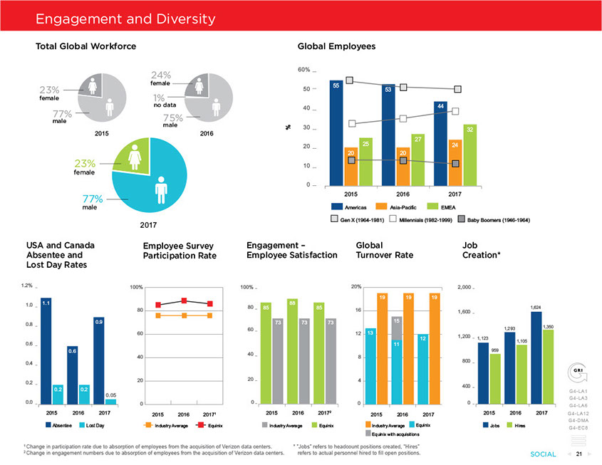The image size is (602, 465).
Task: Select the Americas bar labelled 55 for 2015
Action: click(338, 132)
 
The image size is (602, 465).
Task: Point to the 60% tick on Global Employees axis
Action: click(303, 70)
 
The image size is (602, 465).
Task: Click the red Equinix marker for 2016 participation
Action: click(185, 301)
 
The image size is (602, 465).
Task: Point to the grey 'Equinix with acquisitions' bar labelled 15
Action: click(397, 360)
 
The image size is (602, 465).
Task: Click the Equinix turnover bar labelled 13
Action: click(370, 366)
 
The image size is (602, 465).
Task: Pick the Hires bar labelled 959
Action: click(495, 378)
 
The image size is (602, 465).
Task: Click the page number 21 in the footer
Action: click(579, 454)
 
